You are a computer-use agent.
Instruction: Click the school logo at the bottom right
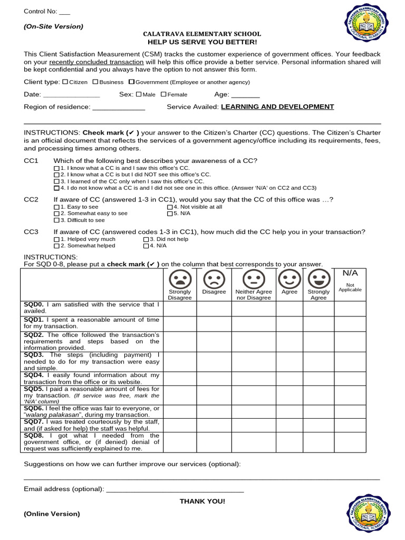pos(369,510)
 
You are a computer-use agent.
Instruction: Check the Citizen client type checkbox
pos(65,82)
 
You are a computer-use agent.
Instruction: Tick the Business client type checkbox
pos(95,82)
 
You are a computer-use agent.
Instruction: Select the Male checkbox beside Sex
pos(139,94)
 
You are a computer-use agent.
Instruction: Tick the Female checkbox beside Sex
pos(163,94)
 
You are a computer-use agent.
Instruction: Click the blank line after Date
pos(71,96)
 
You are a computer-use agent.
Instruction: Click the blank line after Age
pos(245,96)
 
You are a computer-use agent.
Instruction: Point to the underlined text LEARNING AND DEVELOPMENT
pos(277,107)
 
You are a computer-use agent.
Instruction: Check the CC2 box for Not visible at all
pos(170,207)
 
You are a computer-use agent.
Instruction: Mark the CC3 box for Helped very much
pos(57,239)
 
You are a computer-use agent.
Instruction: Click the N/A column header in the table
pos(350,274)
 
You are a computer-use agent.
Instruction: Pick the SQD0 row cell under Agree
pos(290,308)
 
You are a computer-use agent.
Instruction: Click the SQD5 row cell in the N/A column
pos(351,395)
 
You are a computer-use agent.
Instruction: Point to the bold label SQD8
pos(34,436)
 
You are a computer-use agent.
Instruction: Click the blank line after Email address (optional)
pos(175,490)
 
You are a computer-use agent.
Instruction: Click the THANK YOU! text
pos(202,501)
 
